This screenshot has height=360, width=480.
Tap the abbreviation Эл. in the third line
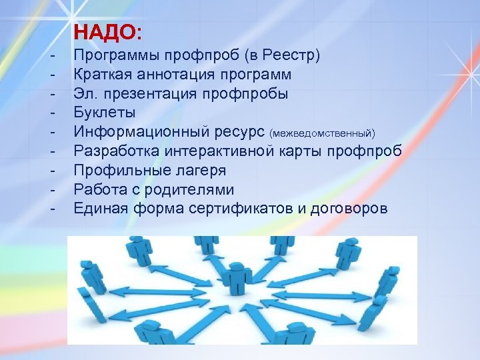[x=85, y=93]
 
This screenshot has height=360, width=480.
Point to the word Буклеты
[x=105, y=112]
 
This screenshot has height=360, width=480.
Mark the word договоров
[x=349, y=208]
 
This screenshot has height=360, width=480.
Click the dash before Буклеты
[x=51, y=112]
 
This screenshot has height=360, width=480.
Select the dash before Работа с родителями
[x=51, y=189]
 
